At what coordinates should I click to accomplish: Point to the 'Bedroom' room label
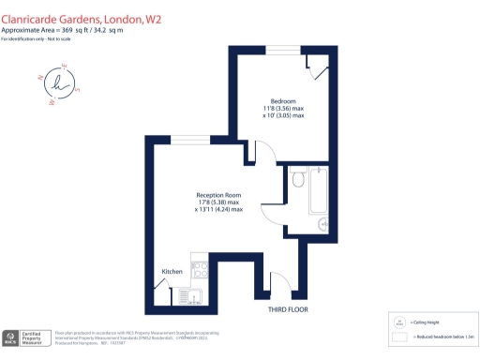[x=283, y=100]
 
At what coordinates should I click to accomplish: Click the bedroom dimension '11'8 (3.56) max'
[x=283, y=109]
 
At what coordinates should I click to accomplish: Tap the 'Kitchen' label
[x=172, y=272]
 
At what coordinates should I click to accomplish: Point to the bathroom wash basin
[x=322, y=223]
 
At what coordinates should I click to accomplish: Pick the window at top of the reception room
[x=185, y=139]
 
